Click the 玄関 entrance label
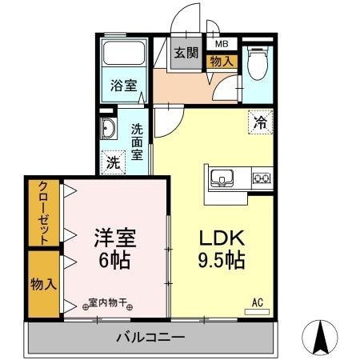click(186, 53)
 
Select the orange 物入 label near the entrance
click(222, 60)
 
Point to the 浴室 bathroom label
click(123, 84)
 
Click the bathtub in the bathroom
click(124, 54)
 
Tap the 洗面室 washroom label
click(138, 141)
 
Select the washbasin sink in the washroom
click(109, 128)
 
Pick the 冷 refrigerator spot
click(260, 122)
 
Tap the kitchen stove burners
click(262, 177)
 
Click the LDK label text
click(216, 239)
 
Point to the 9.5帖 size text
click(218, 262)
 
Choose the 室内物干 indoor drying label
click(110, 303)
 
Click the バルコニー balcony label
click(152, 336)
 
